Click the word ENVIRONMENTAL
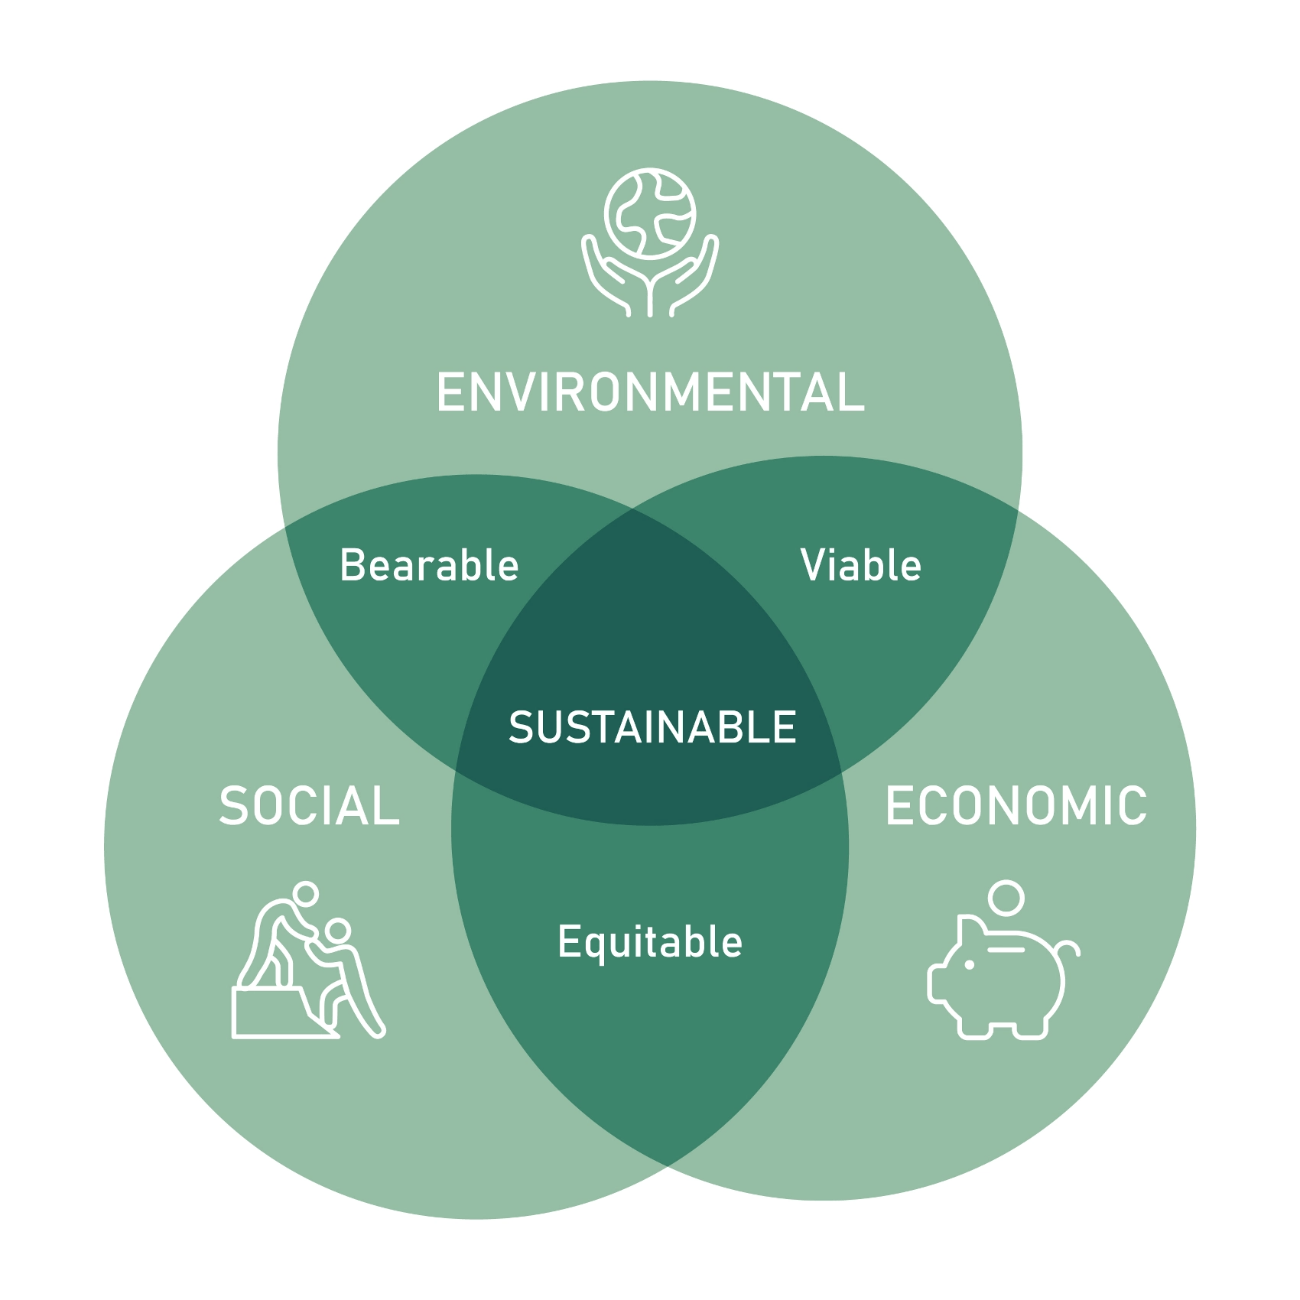click(x=650, y=392)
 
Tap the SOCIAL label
click(x=310, y=806)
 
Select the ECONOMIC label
click(x=1016, y=806)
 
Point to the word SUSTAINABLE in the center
click(x=652, y=727)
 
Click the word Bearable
click(x=429, y=565)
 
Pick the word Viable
click(x=861, y=565)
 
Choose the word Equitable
click(x=650, y=942)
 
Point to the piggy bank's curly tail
click(x=1069, y=950)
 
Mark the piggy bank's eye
click(x=970, y=965)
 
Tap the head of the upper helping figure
click(x=306, y=893)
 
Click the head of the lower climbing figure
click(x=337, y=931)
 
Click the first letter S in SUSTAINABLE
click(x=522, y=727)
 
